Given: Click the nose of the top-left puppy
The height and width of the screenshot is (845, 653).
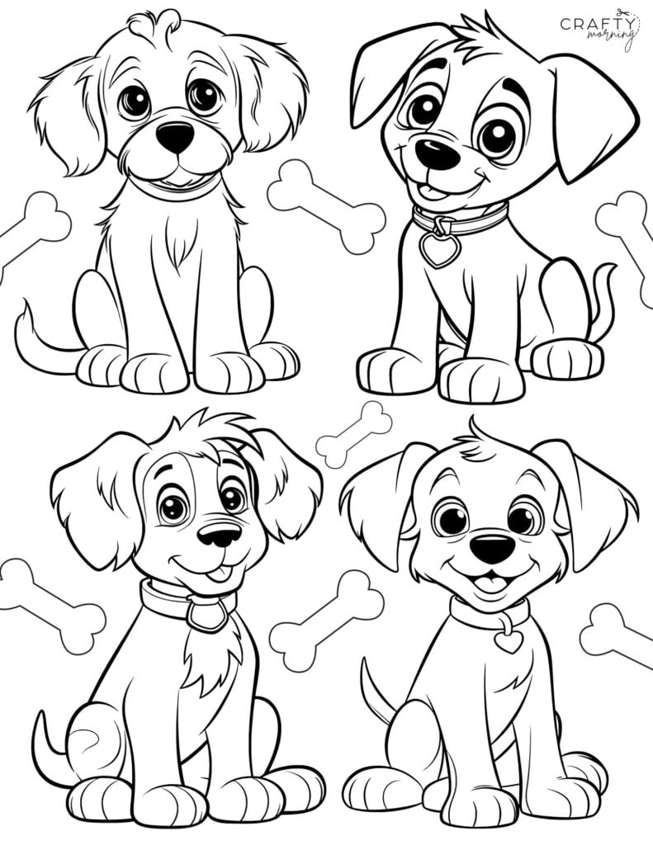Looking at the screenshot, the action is pyautogui.click(x=175, y=137).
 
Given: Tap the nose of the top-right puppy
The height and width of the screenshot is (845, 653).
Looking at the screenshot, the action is pyautogui.click(x=437, y=153).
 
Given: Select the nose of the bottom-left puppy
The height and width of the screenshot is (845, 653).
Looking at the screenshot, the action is pyautogui.click(x=219, y=535).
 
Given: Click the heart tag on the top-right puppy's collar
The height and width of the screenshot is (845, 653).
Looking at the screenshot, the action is pyautogui.click(x=440, y=249).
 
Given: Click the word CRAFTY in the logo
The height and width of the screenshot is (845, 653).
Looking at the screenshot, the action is pyautogui.click(x=597, y=24).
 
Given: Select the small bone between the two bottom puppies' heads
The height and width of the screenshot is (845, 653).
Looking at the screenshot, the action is pyautogui.click(x=354, y=434).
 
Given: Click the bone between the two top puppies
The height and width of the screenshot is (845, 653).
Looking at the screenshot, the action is pyautogui.click(x=327, y=206).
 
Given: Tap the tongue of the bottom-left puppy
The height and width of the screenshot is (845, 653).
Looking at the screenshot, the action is pyautogui.click(x=218, y=574).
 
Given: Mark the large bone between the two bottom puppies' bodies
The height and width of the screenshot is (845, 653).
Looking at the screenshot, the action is pyautogui.click(x=327, y=621).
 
